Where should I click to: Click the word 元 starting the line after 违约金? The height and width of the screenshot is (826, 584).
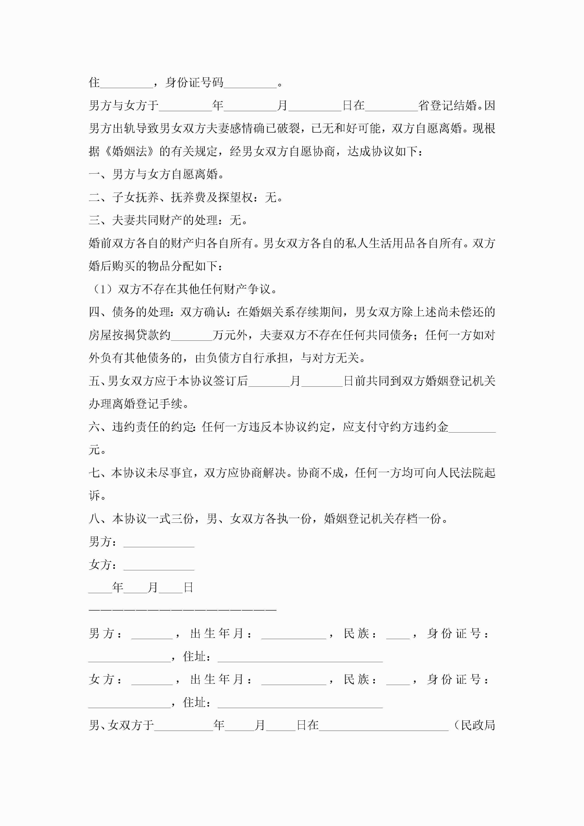(x=94, y=450)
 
